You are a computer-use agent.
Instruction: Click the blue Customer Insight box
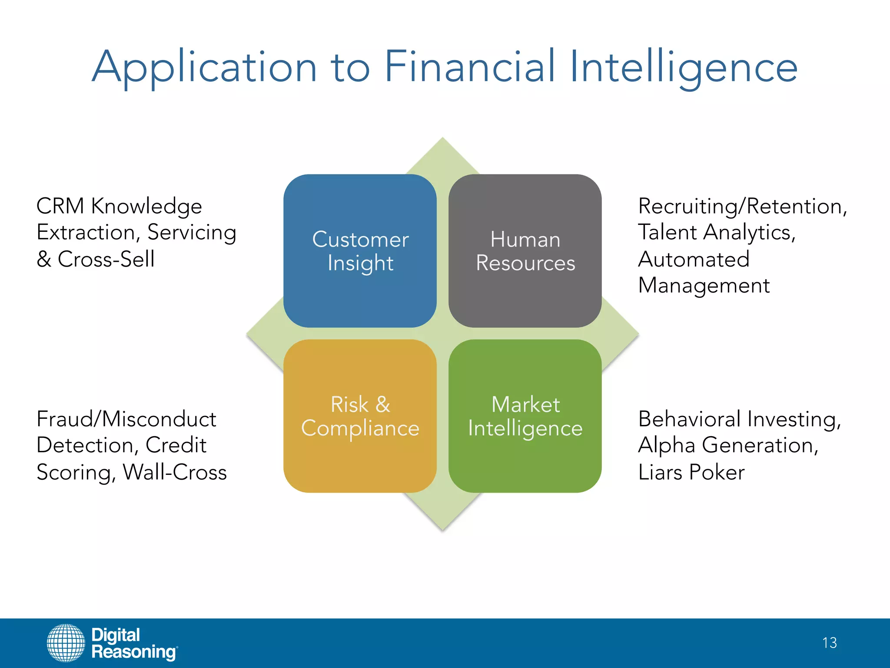pos(360,251)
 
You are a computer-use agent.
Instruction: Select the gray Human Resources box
pos(525,251)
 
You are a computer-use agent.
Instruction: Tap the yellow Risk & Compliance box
pos(360,416)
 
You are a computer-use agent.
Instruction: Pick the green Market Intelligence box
pos(525,416)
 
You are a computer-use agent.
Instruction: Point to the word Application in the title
pos(204,67)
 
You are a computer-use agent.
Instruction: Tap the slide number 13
pos(829,643)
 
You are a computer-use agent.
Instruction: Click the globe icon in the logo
pos(66,643)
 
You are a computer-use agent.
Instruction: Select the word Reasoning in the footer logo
pos(134,652)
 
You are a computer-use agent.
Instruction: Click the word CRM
pos(60,206)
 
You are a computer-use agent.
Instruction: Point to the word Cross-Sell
pos(106,259)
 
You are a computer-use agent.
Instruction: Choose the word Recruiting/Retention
pos(741,206)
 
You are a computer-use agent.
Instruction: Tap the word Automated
pos(694,259)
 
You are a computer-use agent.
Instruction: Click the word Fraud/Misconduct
pos(126,419)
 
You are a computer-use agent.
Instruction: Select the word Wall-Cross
pos(175,472)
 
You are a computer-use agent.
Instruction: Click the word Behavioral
pos(689,419)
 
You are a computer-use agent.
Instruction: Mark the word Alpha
pos(667,446)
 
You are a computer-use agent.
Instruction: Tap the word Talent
pos(667,232)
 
